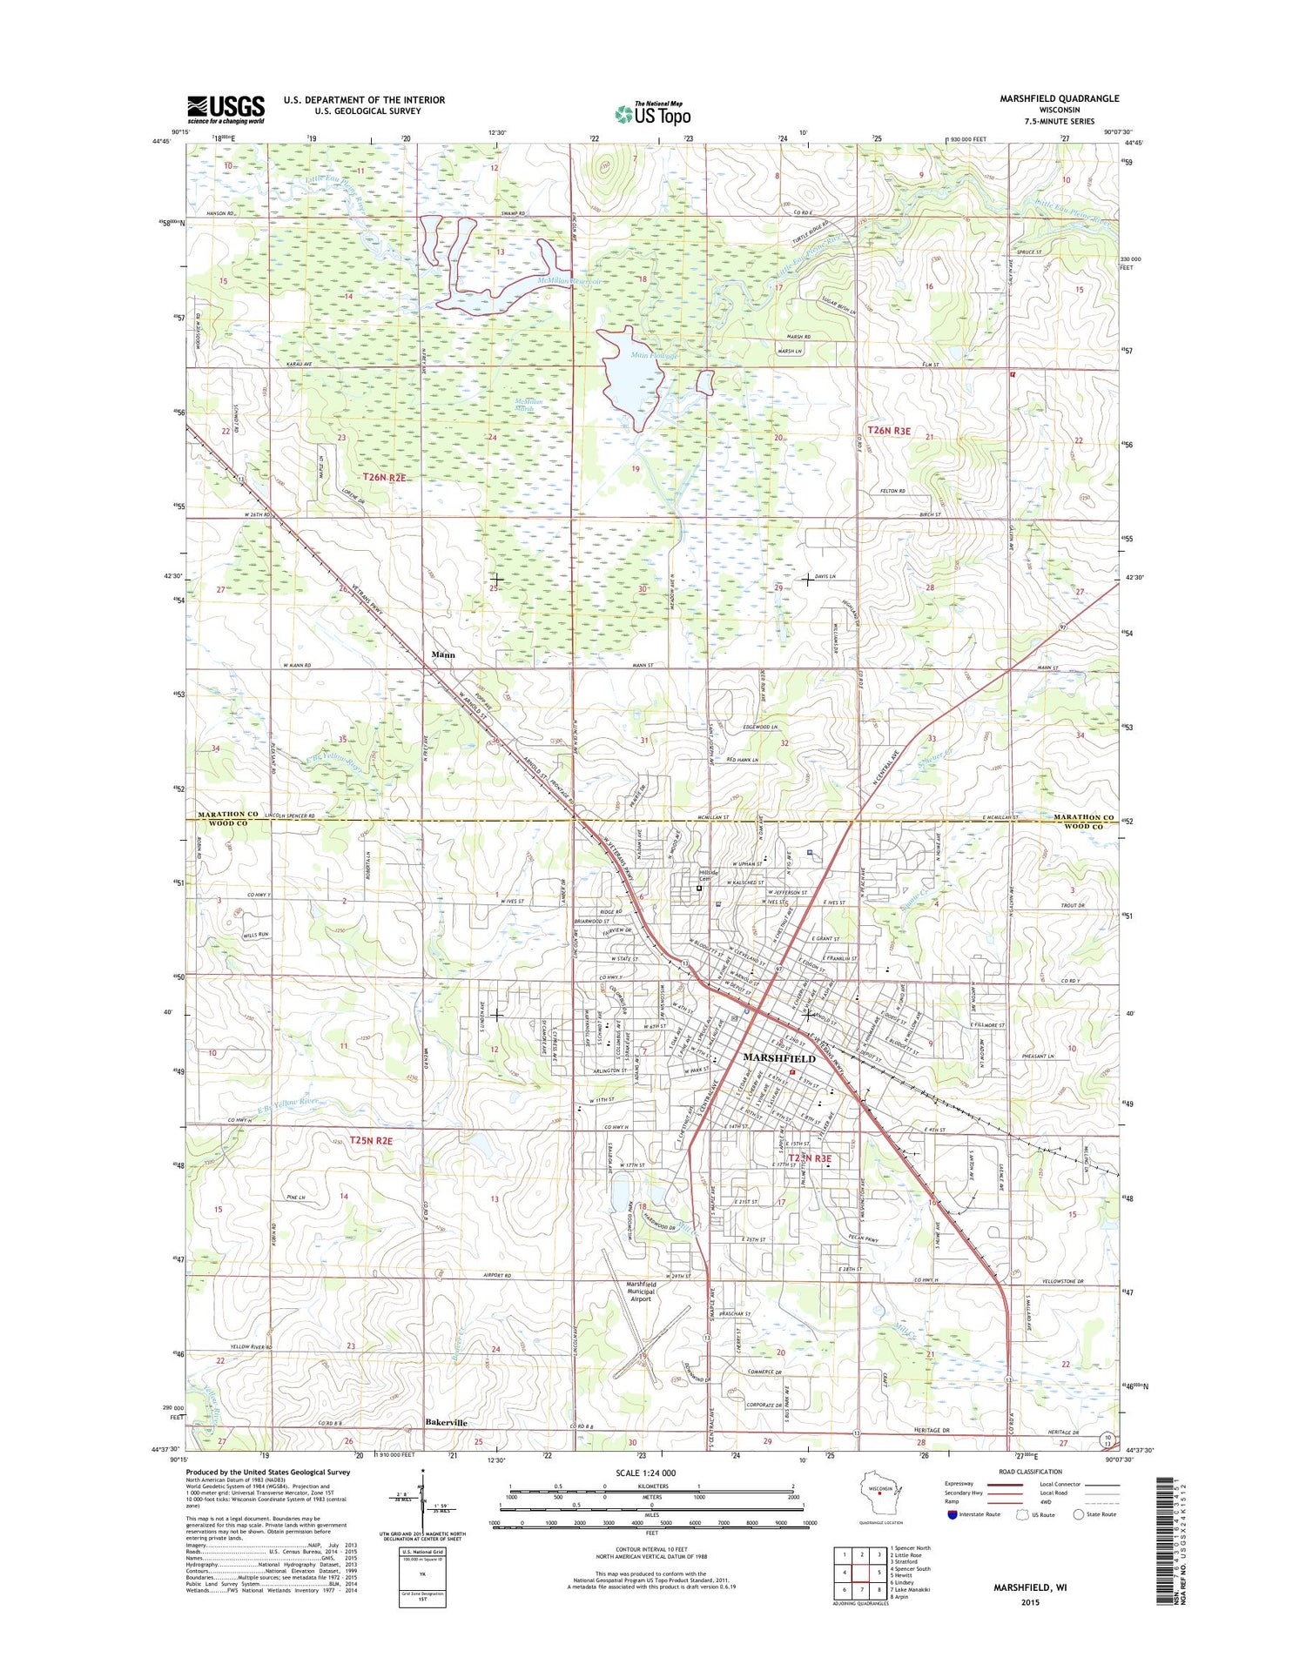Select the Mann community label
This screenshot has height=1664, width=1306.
pyautogui.click(x=443, y=654)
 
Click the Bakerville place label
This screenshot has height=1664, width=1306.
pyautogui.click(x=446, y=1423)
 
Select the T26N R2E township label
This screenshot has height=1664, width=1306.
pyautogui.click(x=385, y=478)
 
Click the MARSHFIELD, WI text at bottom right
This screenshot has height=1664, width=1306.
pyautogui.click(x=1030, y=1587)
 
